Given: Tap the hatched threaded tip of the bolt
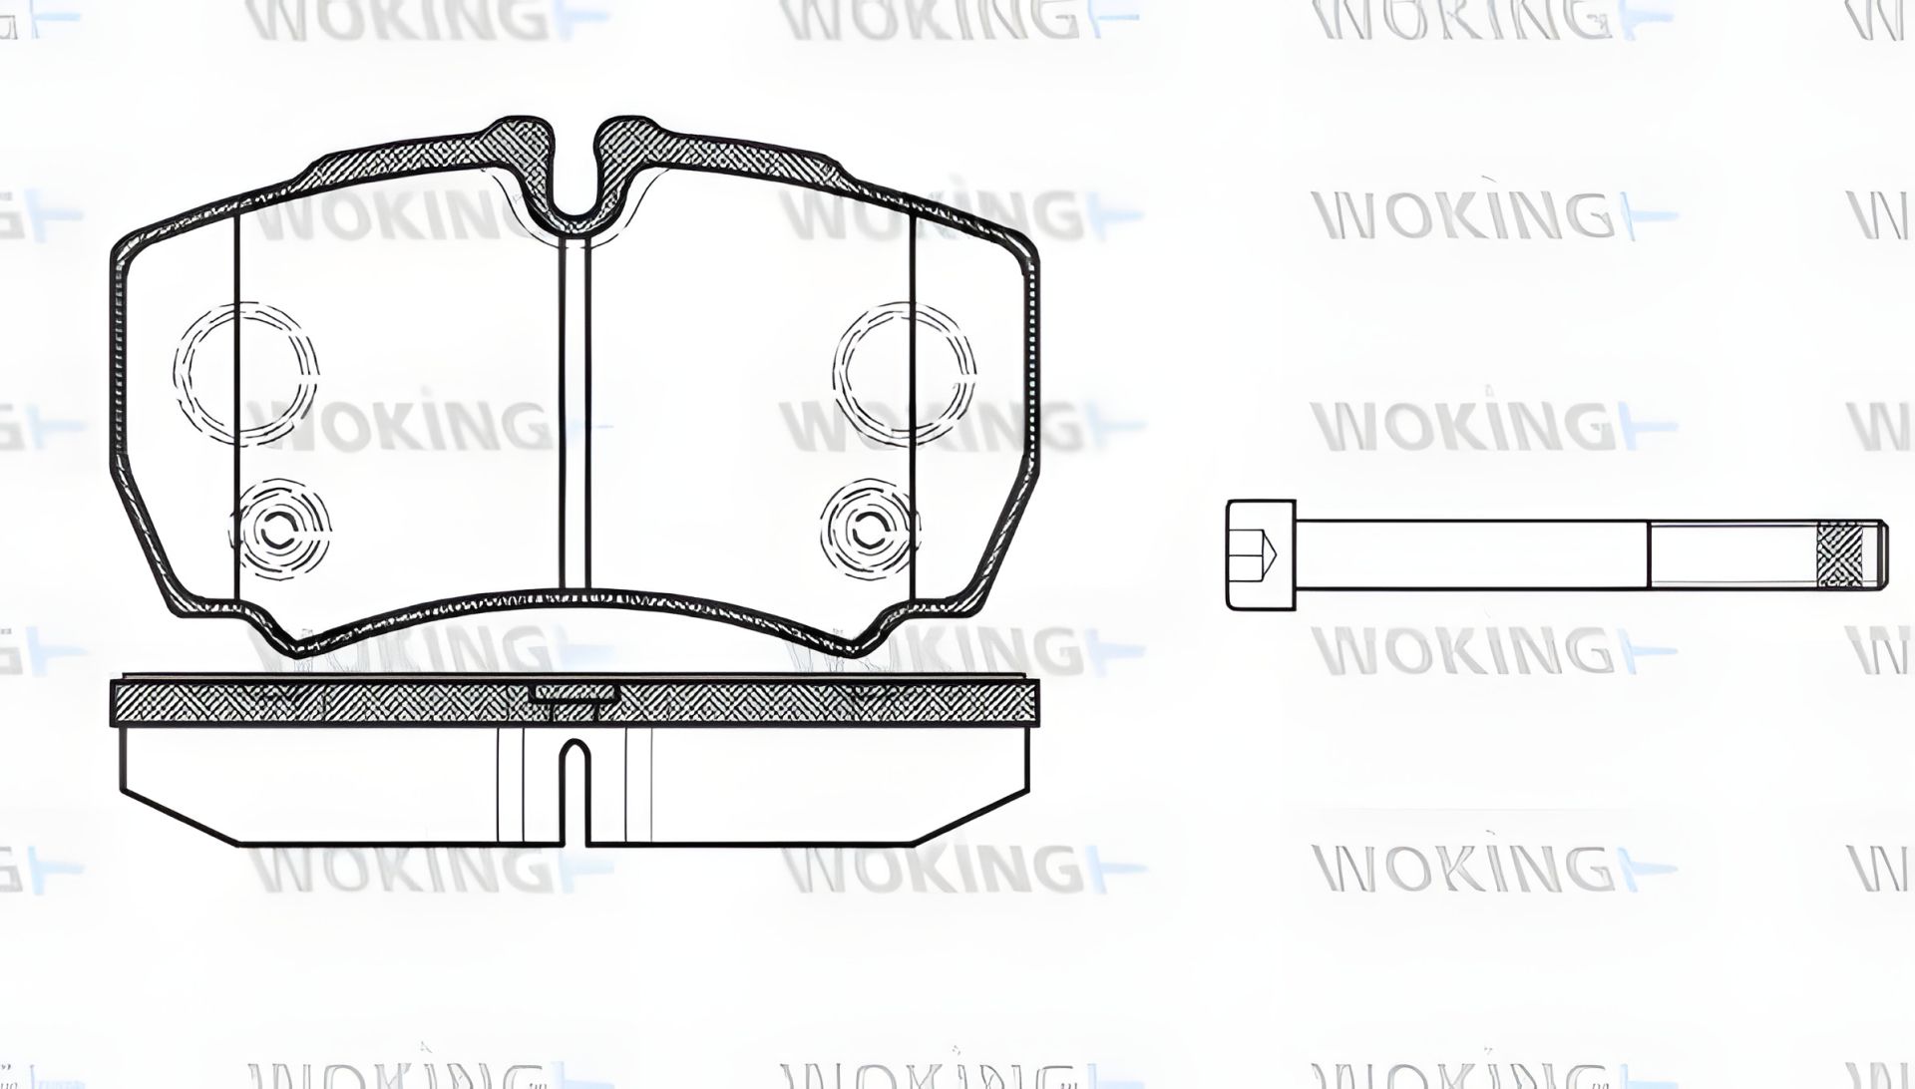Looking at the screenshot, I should [x=1841, y=553].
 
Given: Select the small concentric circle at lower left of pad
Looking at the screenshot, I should [x=280, y=529].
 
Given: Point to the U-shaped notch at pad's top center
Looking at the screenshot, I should [x=574, y=194].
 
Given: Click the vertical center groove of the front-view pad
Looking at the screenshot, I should [x=574, y=409].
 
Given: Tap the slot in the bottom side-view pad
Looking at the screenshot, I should [x=573, y=788].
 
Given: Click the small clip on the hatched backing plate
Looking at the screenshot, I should [x=574, y=693].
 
